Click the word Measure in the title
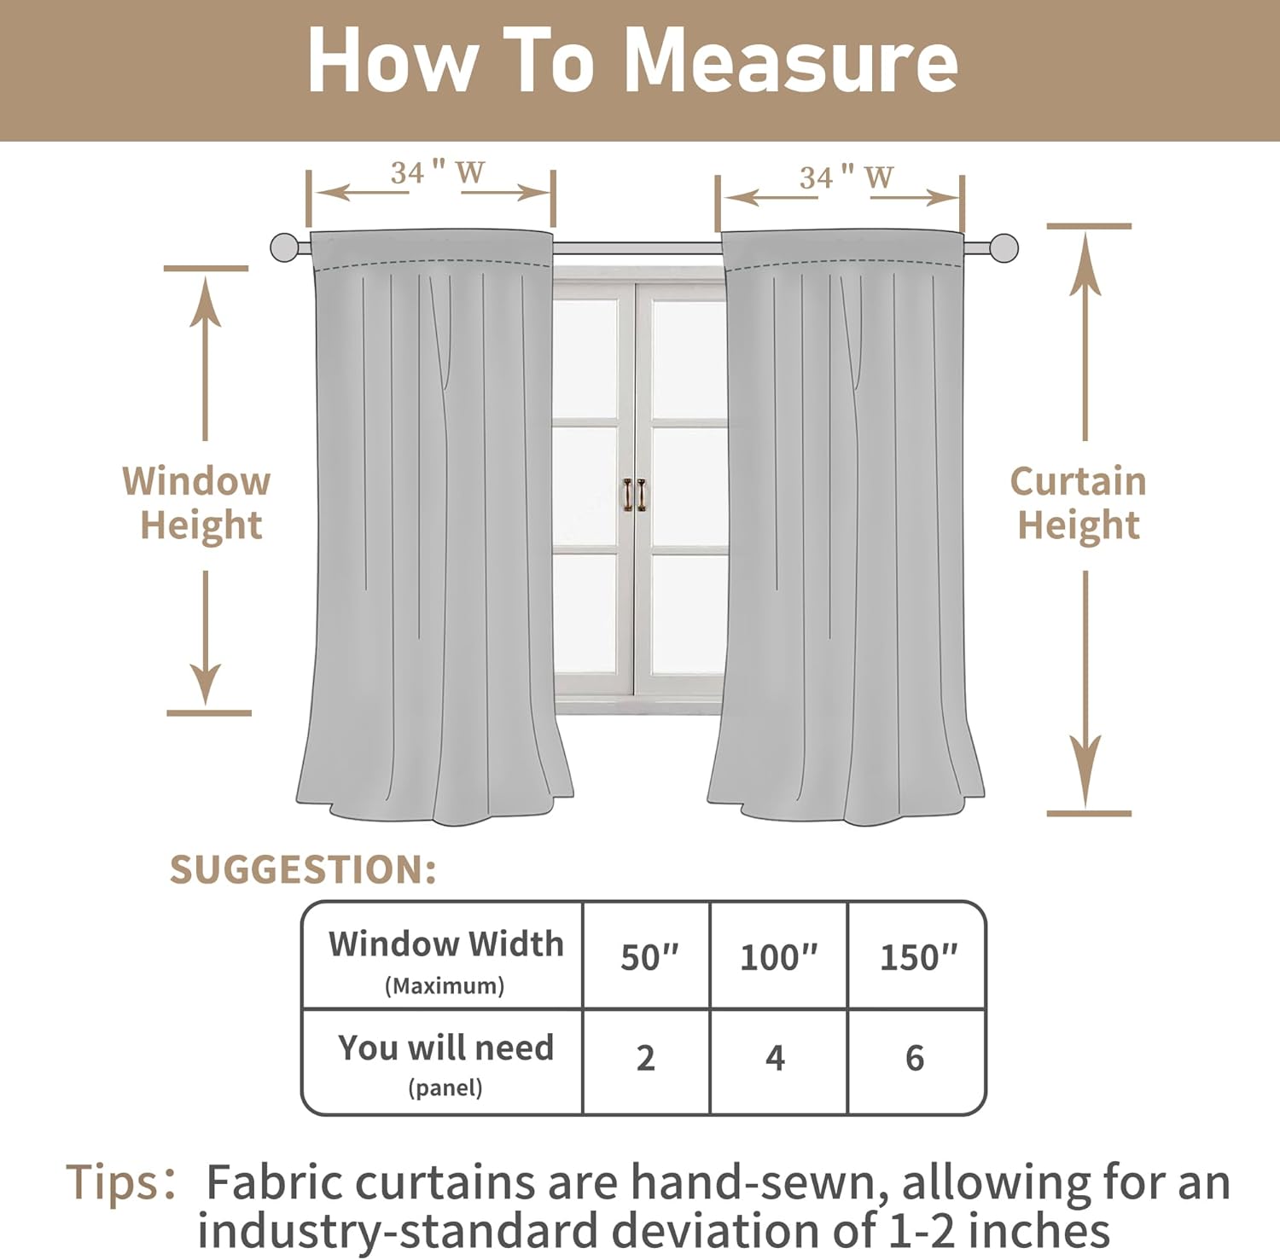(x=791, y=61)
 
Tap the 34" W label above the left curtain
(x=437, y=173)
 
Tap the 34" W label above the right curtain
(x=846, y=177)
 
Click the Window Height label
(x=198, y=503)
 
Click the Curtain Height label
(x=1079, y=503)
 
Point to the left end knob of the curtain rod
(x=284, y=247)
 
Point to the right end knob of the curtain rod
(x=1004, y=248)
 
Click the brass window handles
(x=634, y=495)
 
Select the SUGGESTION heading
(x=303, y=870)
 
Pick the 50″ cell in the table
(x=649, y=957)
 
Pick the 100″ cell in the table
(x=778, y=957)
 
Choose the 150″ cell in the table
(x=918, y=957)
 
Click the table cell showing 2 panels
(x=646, y=1059)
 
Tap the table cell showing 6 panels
(x=915, y=1059)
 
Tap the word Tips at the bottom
(x=114, y=1183)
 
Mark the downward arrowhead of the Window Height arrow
(x=206, y=685)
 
